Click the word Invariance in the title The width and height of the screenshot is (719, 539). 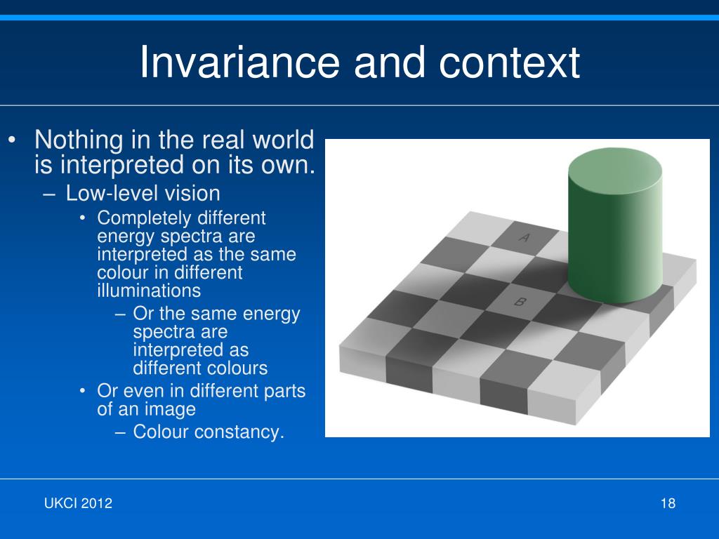(239, 62)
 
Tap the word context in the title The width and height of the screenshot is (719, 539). (510, 62)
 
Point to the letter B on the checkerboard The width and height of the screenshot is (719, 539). (520, 302)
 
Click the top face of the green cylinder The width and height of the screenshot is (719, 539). (615, 166)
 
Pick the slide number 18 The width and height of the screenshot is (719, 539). (668, 503)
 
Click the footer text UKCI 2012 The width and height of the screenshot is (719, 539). (78, 503)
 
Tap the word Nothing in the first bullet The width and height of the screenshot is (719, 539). (79, 140)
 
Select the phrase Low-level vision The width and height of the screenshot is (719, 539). (143, 194)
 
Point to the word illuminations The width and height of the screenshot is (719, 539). (149, 291)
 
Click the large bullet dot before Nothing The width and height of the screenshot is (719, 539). (13, 140)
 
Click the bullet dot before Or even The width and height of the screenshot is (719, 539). (82, 391)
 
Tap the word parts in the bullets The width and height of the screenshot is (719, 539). (285, 392)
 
